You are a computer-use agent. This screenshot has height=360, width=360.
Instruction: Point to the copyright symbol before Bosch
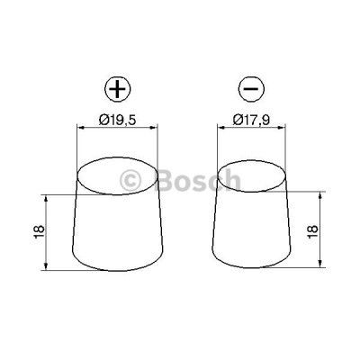[130, 181]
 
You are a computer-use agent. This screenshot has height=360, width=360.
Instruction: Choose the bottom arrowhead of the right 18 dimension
[321, 266]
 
